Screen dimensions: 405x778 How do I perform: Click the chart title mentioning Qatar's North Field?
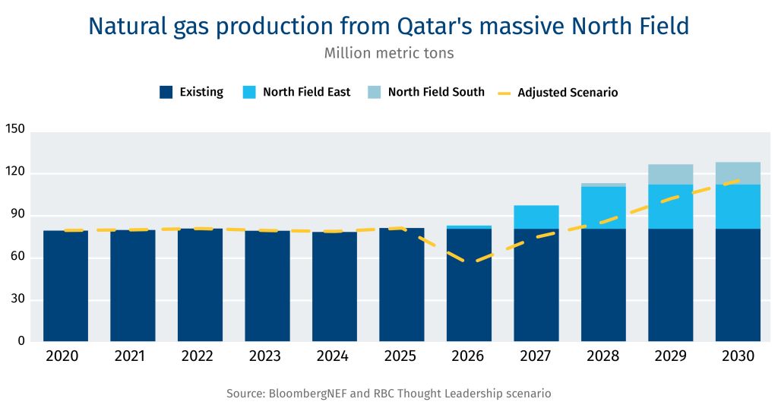click(x=388, y=26)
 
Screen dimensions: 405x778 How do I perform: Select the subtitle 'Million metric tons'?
click(x=388, y=53)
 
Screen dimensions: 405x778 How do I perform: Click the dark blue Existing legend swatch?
click(x=166, y=92)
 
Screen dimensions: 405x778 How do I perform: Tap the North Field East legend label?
click(x=306, y=92)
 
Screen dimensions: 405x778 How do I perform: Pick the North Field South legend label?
click(x=435, y=92)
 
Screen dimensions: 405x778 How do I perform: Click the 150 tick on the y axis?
click(x=15, y=130)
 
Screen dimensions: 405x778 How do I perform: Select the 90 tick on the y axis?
click(x=18, y=215)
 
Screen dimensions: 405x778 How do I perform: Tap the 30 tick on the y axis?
click(x=18, y=299)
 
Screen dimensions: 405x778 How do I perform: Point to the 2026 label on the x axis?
click(x=469, y=356)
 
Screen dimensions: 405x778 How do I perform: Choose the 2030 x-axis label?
click(x=738, y=356)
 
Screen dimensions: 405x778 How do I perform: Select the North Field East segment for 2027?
click(x=536, y=217)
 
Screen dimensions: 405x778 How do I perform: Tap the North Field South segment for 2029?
click(x=671, y=174)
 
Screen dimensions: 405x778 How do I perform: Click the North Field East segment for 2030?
click(x=738, y=206)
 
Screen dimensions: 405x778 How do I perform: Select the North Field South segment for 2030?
click(x=738, y=172)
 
